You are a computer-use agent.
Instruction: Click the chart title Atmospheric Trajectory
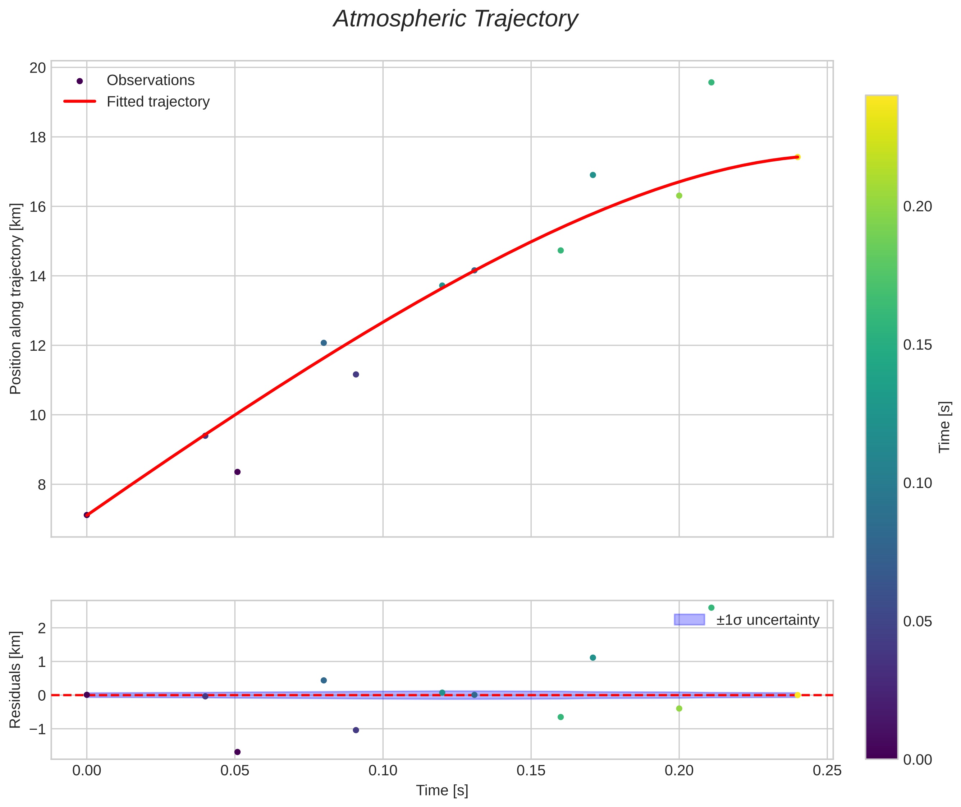pos(456,19)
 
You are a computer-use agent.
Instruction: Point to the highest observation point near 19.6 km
pos(711,82)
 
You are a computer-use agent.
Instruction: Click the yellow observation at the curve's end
pos(797,157)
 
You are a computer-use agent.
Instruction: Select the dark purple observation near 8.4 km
pos(237,472)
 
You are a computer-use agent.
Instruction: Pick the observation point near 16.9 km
pos(592,175)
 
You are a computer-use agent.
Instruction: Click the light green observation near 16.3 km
pos(679,196)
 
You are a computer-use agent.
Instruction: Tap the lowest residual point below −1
pos(237,752)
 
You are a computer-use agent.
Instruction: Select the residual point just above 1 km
pos(592,658)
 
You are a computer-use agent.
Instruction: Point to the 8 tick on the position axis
pos(42,484)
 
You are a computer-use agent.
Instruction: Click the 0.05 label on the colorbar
pos(917,621)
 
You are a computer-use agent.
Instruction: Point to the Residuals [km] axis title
pos(15,679)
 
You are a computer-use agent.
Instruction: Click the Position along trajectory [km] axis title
pos(15,299)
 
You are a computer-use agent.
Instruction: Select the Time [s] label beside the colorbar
pos(944,427)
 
